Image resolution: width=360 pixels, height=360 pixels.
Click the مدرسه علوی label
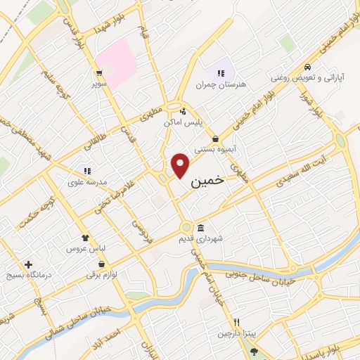87,181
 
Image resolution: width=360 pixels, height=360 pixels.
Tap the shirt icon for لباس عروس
85,238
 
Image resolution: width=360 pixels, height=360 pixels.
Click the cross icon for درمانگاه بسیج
28,265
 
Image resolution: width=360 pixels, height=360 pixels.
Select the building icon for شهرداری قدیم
201,228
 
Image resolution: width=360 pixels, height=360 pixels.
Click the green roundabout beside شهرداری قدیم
186,227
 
